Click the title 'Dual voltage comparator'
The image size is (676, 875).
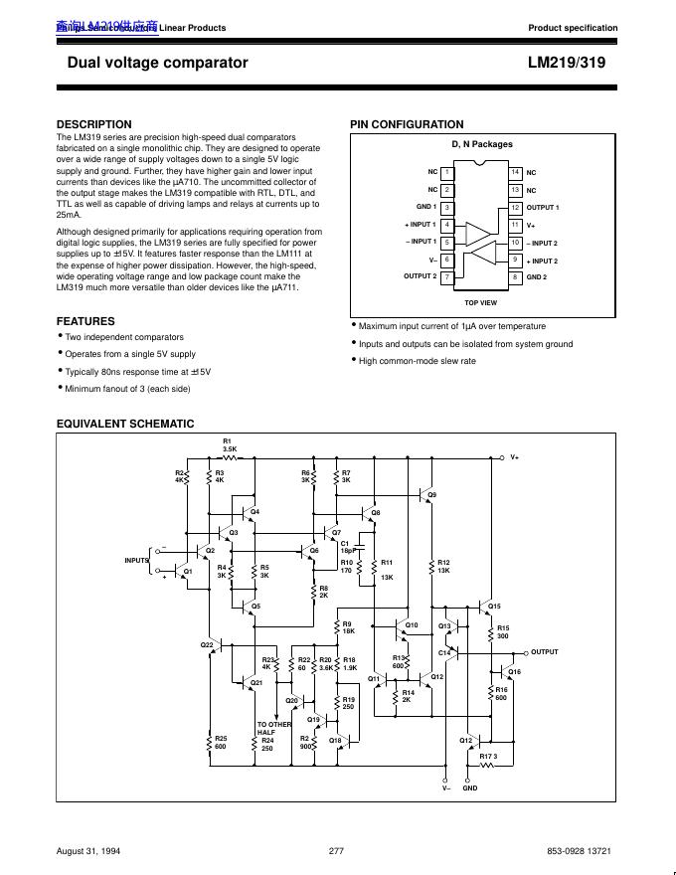pyautogui.click(x=157, y=63)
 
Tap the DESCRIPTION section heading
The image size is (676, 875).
pyautogui.click(x=94, y=124)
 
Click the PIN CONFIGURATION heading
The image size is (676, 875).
pyautogui.click(x=407, y=124)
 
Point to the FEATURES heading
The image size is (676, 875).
pyautogui.click(x=85, y=321)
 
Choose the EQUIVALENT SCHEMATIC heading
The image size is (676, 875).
pyautogui.click(x=125, y=424)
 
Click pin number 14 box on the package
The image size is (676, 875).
pyautogui.click(x=515, y=172)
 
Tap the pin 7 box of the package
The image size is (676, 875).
pyautogui.click(x=447, y=275)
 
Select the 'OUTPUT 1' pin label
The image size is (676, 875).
pyautogui.click(x=543, y=208)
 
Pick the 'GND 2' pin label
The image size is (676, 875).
pyautogui.click(x=539, y=276)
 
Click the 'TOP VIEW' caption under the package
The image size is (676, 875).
pyautogui.click(x=481, y=302)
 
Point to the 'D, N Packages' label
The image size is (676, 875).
pyautogui.click(x=482, y=144)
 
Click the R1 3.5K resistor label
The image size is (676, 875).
pyautogui.click(x=228, y=444)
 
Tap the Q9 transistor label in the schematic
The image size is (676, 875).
pyautogui.click(x=431, y=494)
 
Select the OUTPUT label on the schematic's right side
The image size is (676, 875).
pyautogui.click(x=545, y=652)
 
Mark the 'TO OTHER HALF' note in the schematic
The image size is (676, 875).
pyautogui.click(x=274, y=728)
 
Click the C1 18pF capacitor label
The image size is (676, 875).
pyautogui.click(x=347, y=546)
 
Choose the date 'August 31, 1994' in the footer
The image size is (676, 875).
pyautogui.click(x=88, y=851)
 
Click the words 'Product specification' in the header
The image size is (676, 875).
pyautogui.click(x=573, y=28)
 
